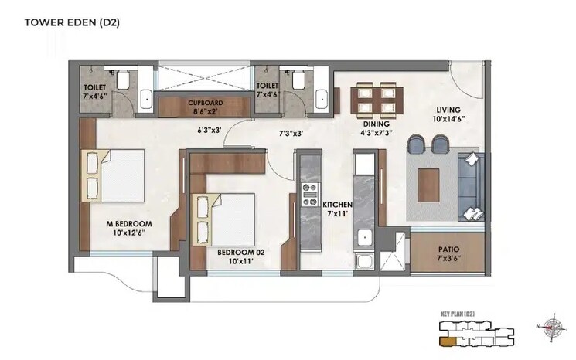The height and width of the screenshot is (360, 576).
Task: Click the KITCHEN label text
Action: point(337,204)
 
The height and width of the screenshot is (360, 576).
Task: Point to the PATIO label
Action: point(448,250)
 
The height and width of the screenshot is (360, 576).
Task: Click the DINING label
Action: point(376,124)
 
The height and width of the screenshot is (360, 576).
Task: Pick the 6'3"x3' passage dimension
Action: point(210,131)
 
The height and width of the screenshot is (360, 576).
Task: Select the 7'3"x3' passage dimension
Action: point(291,133)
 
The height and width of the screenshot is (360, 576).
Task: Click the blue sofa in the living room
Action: point(470,185)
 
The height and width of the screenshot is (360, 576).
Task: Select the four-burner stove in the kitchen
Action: point(310,194)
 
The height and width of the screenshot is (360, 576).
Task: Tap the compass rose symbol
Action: point(551,326)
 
